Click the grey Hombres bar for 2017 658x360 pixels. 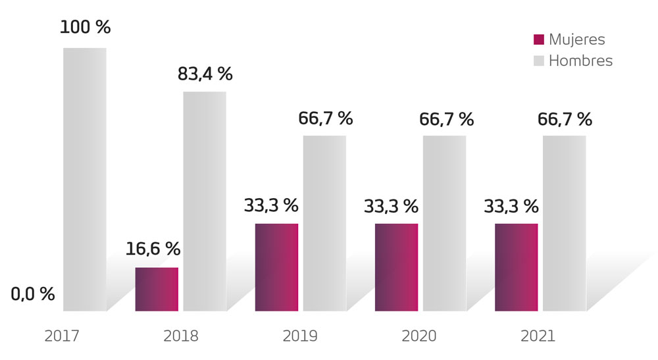pyautogui.click(x=84, y=179)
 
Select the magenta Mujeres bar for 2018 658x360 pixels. pyautogui.click(x=157, y=289)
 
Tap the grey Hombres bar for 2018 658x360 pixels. pyautogui.click(x=204, y=201)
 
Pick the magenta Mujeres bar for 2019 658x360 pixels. pyautogui.click(x=276, y=267)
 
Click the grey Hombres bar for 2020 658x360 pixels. pyautogui.click(x=444, y=223)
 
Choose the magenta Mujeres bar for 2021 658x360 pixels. pyautogui.click(x=516, y=267)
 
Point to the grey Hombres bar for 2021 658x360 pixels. pyautogui.click(x=564, y=223)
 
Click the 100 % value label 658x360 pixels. pyautogui.click(x=85, y=28)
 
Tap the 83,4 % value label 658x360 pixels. pyautogui.click(x=205, y=74)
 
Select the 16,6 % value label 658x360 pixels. pyautogui.click(x=153, y=249)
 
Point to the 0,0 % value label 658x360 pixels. pyautogui.click(x=33, y=294)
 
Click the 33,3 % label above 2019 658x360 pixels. pyautogui.click(x=271, y=205)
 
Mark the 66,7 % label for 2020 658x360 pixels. pyautogui.click(x=446, y=119)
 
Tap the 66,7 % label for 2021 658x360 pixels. pyautogui.click(x=565, y=119)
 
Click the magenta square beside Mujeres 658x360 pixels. pyautogui.click(x=539, y=40)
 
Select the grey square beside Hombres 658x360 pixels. pyautogui.click(x=539, y=61)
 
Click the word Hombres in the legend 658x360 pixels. pyautogui.click(x=580, y=61)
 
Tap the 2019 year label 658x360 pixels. pyautogui.click(x=300, y=336)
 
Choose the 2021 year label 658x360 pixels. pyautogui.click(x=538, y=336)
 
